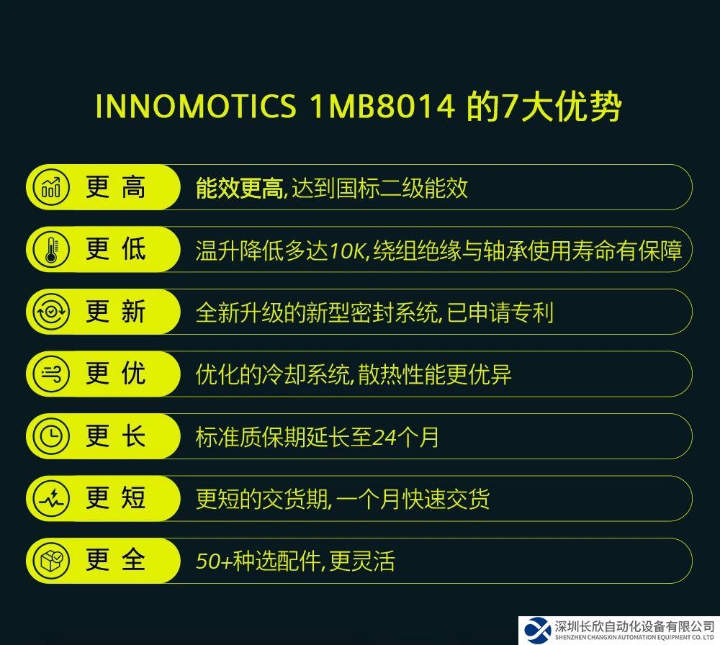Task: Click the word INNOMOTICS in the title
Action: pos(196,106)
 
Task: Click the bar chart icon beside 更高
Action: pos(51,187)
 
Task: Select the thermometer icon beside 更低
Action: pos(51,249)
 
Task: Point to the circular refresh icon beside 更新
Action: pos(51,312)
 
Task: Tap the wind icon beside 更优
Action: pos(51,374)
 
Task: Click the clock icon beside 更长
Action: pos(51,436)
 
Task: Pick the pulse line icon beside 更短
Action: pos(51,499)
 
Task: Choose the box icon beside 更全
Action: pos(51,561)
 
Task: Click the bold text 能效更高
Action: pos(239,188)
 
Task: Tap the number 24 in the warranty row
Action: pos(384,438)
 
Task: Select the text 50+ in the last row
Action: pos(214,561)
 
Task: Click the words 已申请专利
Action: pos(500,313)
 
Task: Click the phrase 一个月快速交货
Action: pos(413,500)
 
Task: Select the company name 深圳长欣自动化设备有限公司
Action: pos(634,626)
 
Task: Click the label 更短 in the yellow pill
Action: pos(116,499)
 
